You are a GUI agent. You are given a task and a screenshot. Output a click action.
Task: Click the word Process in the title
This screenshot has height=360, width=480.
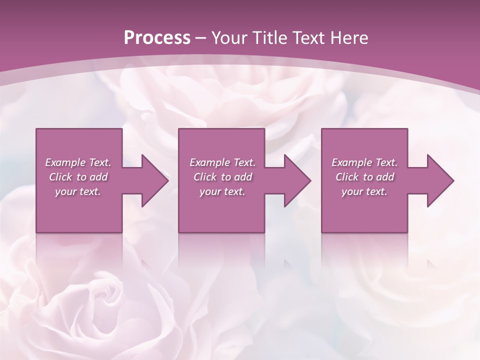pyautogui.click(x=157, y=38)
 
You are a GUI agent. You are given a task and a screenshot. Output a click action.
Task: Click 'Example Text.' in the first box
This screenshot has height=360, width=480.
pyautogui.click(x=78, y=162)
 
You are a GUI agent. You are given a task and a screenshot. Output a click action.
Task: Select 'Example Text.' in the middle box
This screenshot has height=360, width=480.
pyautogui.click(x=222, y=162)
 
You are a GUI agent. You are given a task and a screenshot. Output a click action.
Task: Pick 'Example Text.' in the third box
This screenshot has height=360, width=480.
pyautogui.click(x=364, y=162)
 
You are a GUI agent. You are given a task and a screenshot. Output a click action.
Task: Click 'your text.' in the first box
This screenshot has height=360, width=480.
pyautogui.click(x=78, y=191)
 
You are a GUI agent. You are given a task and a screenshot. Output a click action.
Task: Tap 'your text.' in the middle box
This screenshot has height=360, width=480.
pyautogui.click(x=222, y=191)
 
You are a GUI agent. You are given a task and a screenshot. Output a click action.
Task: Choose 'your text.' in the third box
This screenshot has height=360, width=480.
pyautogui.click(x=364, y=191)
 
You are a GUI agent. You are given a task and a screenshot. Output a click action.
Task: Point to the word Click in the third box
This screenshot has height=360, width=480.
pyautogui.click(x=347, y=177)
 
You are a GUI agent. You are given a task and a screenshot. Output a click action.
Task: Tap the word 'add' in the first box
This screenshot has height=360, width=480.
pyautogui.click(x=98, y=177)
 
